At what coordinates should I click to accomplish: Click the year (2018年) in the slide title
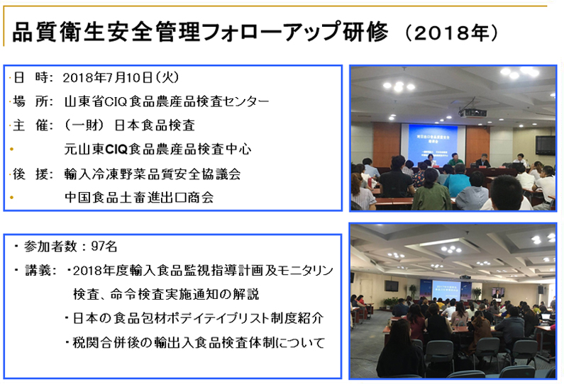click(452, 33)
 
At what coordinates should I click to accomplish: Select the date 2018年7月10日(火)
click(121, 77)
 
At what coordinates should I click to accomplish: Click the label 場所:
click(33, 101)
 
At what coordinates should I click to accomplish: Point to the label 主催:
click(33, 125)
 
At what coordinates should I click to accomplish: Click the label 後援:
click(33, 174)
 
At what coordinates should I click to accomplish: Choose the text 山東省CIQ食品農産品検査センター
click(167, 101)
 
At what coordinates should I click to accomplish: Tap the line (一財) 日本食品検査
click(130, 125)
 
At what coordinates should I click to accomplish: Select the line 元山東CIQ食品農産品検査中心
click(158, 149)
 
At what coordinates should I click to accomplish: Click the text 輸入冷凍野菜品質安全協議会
click(153, 174)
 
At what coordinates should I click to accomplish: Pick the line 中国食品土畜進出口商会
click(139, 197)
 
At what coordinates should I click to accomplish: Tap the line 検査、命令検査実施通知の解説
click(166, 294)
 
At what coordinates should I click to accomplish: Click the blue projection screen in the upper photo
click(433, 145)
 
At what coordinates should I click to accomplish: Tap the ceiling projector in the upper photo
click(472, 113)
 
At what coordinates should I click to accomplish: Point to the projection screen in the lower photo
click(446, 289)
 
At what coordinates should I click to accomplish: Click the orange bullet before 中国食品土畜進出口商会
click(11, 198)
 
